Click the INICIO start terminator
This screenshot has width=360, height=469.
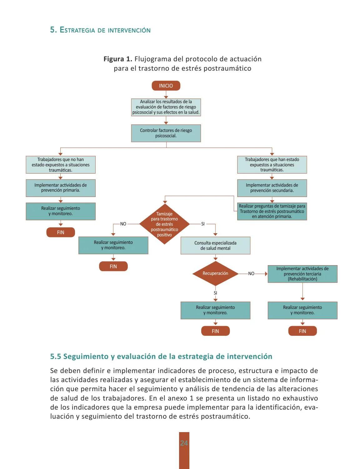(166, 86)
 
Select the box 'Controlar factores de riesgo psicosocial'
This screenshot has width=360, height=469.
(166, 133)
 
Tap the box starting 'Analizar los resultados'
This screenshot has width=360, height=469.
(166, 107)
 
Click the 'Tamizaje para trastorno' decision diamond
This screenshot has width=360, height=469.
(164, 224)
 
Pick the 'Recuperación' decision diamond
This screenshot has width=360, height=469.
(215, 274)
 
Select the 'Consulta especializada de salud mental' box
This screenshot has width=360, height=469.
(215, 245)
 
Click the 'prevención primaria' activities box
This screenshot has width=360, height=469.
(61, 188)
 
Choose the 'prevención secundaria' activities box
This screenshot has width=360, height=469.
(272, 188)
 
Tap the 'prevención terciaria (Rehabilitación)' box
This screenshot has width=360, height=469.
(302, 274)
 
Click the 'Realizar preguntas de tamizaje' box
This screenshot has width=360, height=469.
(272, 211)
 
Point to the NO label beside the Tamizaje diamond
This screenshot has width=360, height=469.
(123, 224)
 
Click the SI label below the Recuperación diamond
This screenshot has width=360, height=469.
(215, 293)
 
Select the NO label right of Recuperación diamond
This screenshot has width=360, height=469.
(251, 274)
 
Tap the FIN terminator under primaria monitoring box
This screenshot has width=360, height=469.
(61, 232)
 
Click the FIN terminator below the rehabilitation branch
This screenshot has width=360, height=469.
(302, 331)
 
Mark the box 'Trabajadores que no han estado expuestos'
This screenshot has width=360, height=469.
(61, 165)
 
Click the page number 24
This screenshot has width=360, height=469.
(184, 443)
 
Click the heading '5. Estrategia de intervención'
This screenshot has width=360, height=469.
(100, 30)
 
